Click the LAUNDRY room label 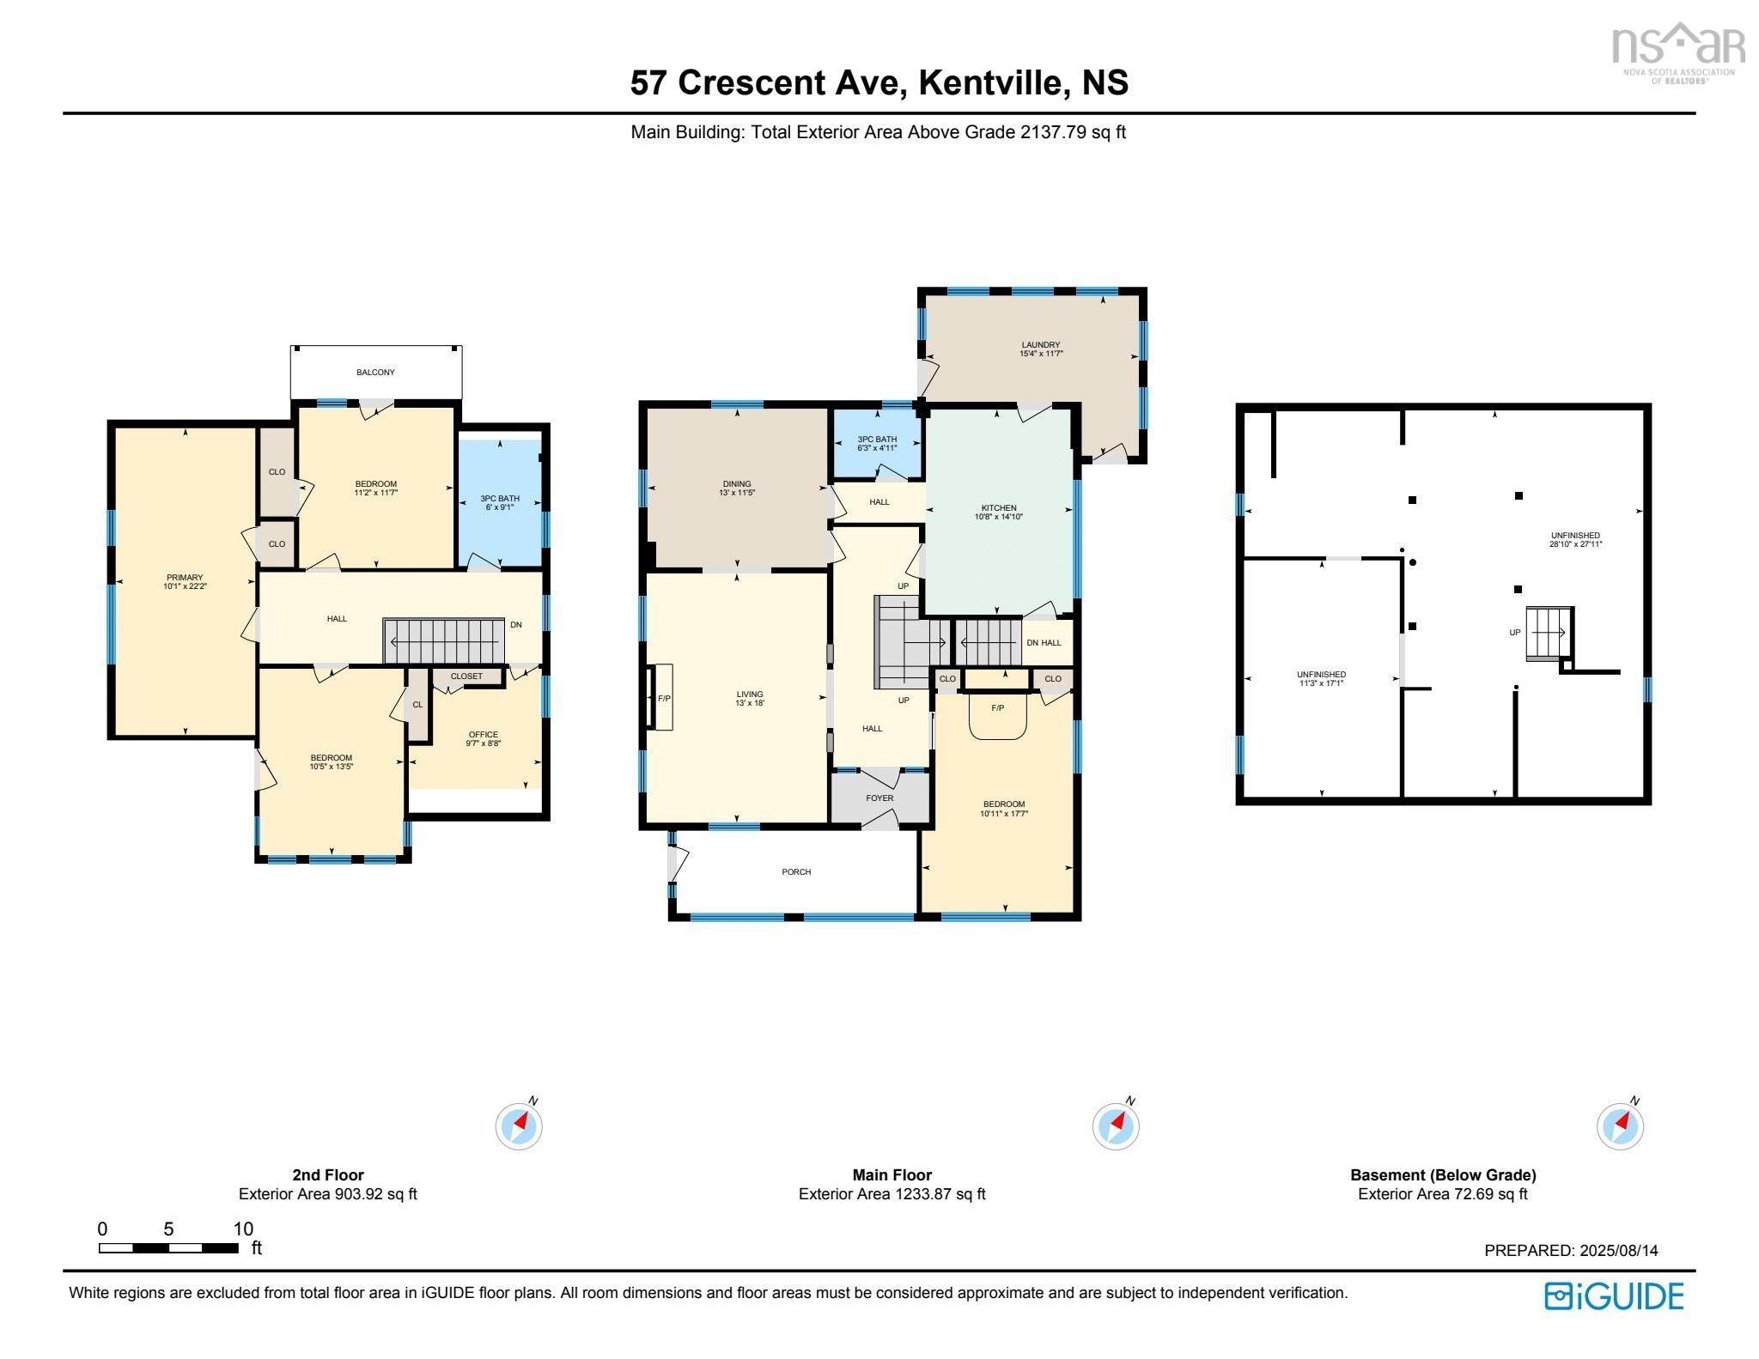1040,345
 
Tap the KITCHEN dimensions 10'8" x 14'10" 998,517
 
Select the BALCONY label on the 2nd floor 375,373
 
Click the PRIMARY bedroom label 185,577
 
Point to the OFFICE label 483,734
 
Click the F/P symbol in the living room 663,698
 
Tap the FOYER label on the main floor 879,798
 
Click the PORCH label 796,872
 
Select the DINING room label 736,483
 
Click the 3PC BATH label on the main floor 876,440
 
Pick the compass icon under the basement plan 1620,1125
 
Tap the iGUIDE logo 1614,1296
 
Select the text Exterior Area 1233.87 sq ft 892,1194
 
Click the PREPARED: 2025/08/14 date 1571,1251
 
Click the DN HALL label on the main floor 1044,643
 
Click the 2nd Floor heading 328,1175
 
